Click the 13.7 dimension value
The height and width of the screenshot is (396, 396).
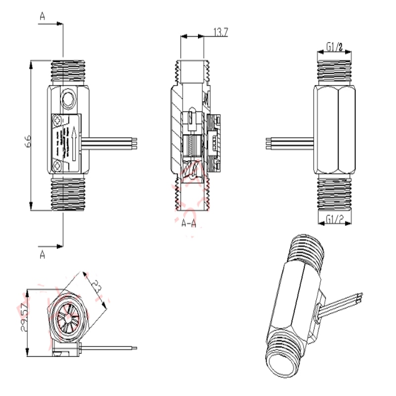tap(221, 33)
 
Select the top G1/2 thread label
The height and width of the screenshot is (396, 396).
tap(335, 48)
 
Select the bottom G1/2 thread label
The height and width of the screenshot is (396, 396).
tap(335, 219)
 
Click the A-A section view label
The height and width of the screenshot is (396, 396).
tap(189, 224)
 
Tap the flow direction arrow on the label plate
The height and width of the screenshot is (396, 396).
tap(73, 140)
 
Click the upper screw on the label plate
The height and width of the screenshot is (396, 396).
tap(59, 119)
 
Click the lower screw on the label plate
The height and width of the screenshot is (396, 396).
tap(59, 164)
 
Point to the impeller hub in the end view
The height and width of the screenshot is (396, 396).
tap(67, 317)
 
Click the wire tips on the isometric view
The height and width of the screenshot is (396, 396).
tap(360, 297)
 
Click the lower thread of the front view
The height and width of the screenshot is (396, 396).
tap(69, 193)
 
